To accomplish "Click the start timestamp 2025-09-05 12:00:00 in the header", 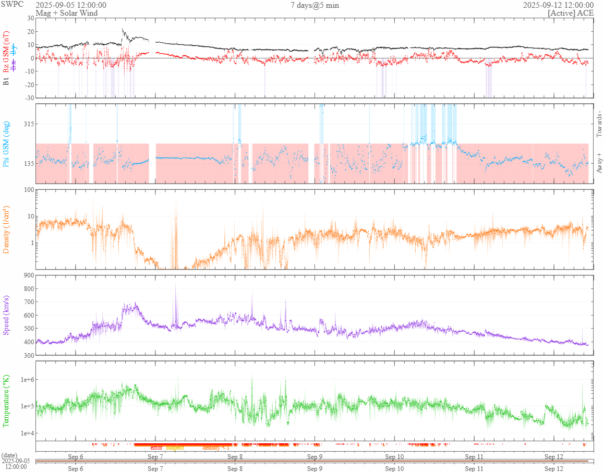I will pyautogui.click(x=71, y=5).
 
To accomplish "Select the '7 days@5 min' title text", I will pyautogui.click(x=315, y=5).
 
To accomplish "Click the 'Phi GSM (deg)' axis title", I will pyautogui.click(x=7, y=143).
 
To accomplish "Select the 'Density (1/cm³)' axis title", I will pyautogui.click(x=7, y=229).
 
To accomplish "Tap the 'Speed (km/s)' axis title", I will pyautogui.click(x=7, y=314).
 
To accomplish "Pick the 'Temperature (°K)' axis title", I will pyautogui.click(x=7, y=401).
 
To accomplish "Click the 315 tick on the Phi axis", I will pyautogui.click(x=27, y=124).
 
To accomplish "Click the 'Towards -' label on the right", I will pyautogui.click(x=599, y=124).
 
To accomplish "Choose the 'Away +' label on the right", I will pyautogui.click(x=599, y=162).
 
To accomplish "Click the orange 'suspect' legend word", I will pyautogui.click(x=175, y=447).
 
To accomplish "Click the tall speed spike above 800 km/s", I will pyautogui.click(x=175, y=286).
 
